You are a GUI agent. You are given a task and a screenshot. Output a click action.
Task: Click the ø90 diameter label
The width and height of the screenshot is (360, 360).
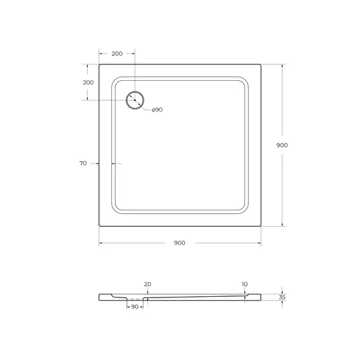pos(157,110)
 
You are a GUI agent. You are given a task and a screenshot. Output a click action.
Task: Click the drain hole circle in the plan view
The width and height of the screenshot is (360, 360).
pos(135,100)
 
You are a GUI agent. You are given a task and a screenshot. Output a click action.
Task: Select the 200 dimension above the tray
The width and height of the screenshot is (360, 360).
pos(117,54)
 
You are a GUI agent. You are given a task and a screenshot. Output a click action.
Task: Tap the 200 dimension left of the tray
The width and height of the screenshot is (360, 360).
pos(88,83)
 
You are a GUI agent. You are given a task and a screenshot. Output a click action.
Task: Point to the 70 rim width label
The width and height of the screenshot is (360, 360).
pos(83,164)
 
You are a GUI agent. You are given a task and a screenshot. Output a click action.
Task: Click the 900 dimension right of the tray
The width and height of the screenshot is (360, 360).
pos(282,145)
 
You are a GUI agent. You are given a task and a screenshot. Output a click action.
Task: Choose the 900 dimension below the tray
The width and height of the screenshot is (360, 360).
pos(179,244)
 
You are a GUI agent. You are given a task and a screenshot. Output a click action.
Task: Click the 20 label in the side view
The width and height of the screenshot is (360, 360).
pos(147,284)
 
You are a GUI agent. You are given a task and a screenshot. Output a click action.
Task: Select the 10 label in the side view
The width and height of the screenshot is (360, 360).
pos(244,284)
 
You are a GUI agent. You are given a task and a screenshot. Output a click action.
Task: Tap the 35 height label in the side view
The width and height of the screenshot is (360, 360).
pos(282,297)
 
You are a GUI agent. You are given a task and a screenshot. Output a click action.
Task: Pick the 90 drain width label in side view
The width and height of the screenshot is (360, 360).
pos(135,306)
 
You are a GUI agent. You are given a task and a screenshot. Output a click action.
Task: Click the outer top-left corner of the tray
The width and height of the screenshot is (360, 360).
pos(100,64)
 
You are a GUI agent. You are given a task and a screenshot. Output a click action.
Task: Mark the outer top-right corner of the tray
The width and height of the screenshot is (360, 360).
pos(261,64)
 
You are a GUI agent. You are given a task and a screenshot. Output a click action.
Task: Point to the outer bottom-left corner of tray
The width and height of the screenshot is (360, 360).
pos(100,225)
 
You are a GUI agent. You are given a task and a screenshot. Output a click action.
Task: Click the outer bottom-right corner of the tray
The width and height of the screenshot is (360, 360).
pos(261,225)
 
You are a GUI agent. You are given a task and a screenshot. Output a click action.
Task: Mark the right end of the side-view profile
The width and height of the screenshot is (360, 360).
pos(261,297)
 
